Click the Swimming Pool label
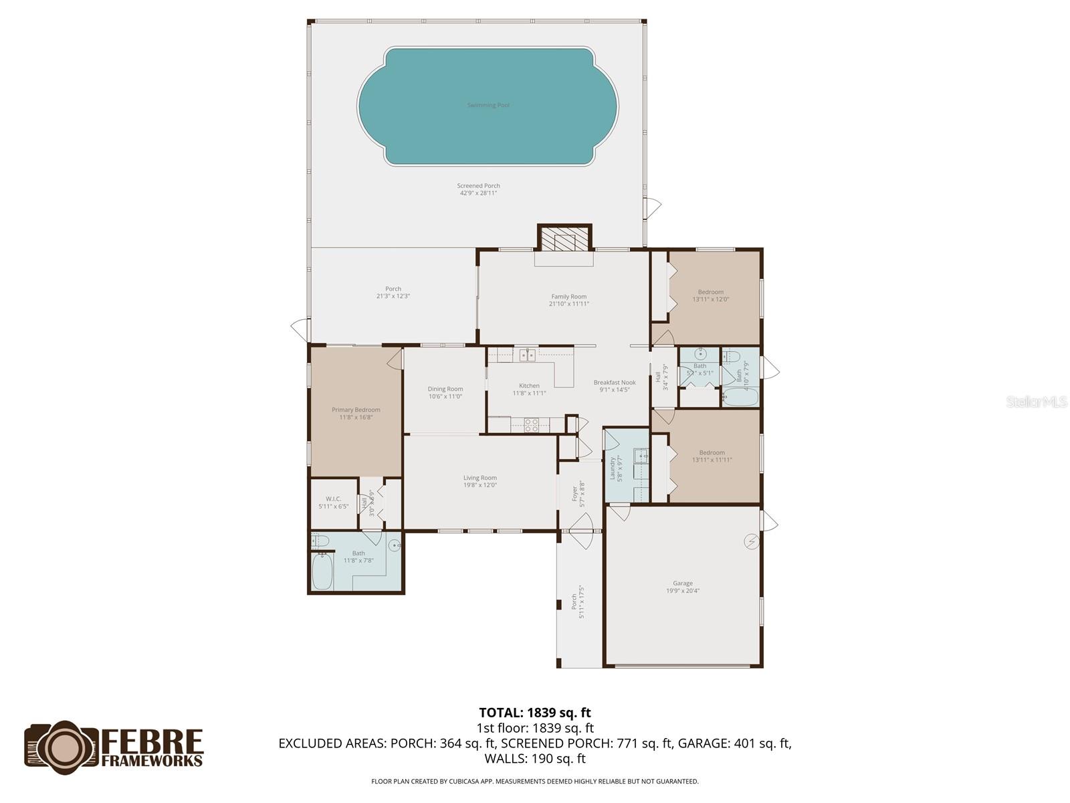click(488, 105)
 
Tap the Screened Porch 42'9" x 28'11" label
click(478, 189)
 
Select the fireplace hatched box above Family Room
click(564, 239)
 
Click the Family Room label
click(568, 300)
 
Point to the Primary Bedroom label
click(356, 414)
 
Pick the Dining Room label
click(445, 393)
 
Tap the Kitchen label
click(529, 389)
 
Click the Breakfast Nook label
click(615, 386)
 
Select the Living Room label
click(480, 481)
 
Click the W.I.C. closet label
click(333, 502)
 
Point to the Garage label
click(683, 587)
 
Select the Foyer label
click(577, 496)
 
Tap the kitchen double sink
click(528, 355)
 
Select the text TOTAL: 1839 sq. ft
click(535, 713)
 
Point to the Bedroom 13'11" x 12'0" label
click(710, 296)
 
